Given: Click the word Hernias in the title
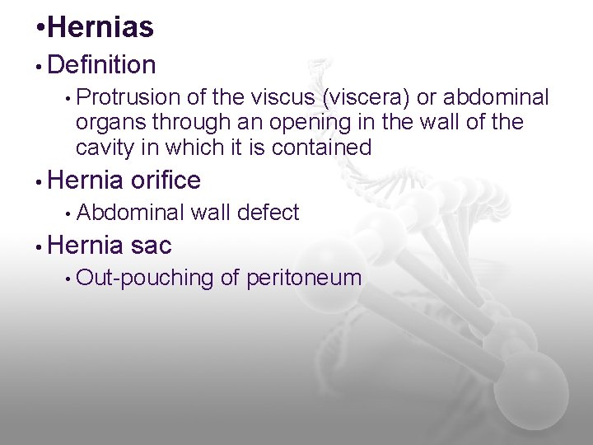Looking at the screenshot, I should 100,28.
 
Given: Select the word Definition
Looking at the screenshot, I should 102,64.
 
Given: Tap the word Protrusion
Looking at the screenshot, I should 130,98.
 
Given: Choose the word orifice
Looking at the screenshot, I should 166,180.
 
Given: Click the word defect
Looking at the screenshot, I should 267,213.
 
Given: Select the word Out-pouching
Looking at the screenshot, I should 145,278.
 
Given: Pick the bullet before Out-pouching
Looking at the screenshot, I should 67,279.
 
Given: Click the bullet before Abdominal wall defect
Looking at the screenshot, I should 67,213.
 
